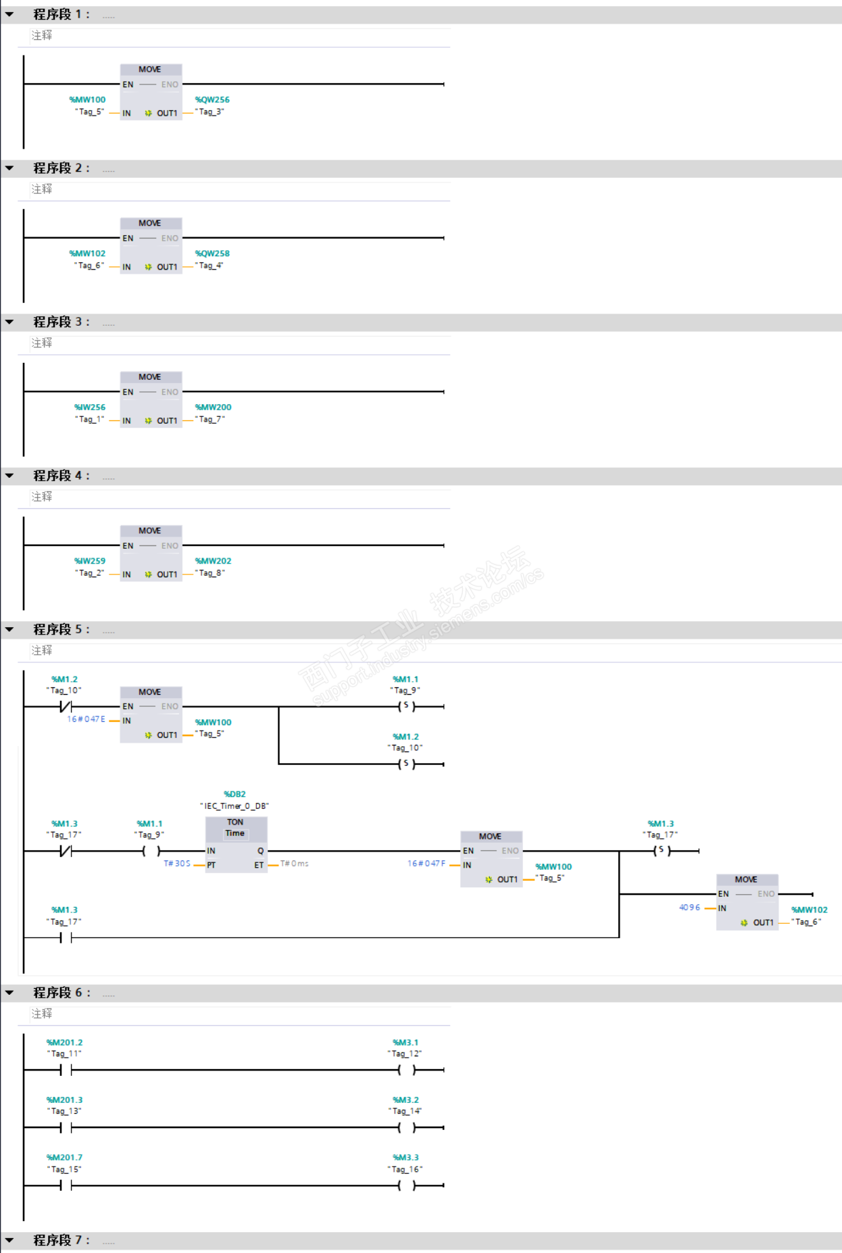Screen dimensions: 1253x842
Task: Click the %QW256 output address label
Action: (x=212, y=100)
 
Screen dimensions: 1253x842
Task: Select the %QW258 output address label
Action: (x=212, y=253)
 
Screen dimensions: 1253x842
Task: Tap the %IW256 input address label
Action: (x=90, y=408)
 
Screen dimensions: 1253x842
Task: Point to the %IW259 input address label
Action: (x=90, y=561)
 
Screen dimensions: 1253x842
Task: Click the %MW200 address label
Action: (x=213, y=408)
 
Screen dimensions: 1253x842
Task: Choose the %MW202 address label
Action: (x=213, y=561)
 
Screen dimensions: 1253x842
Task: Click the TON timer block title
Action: (x=235, y=822)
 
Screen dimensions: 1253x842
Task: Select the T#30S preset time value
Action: (x=177, y=864)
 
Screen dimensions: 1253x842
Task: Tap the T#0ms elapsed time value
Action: (x=295, y=864)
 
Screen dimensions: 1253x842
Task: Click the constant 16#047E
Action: (x=86, y=719)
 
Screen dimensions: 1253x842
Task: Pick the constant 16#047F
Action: (x=426, y=864)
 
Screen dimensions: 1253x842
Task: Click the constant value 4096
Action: (x=689, y=908)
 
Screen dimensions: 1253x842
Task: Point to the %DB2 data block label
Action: (x=234, y=794)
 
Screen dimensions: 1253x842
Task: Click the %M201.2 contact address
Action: (x=64, y=1043)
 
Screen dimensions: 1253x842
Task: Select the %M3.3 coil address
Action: (x=405, y=1158)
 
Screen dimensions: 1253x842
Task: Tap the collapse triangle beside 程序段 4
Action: (x=9, y=476)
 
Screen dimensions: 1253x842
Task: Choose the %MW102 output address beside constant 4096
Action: (x=809, y=910)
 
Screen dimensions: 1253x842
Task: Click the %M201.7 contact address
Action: (x=64, y=1158)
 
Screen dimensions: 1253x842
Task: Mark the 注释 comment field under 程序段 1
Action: (x=42, y=36)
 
